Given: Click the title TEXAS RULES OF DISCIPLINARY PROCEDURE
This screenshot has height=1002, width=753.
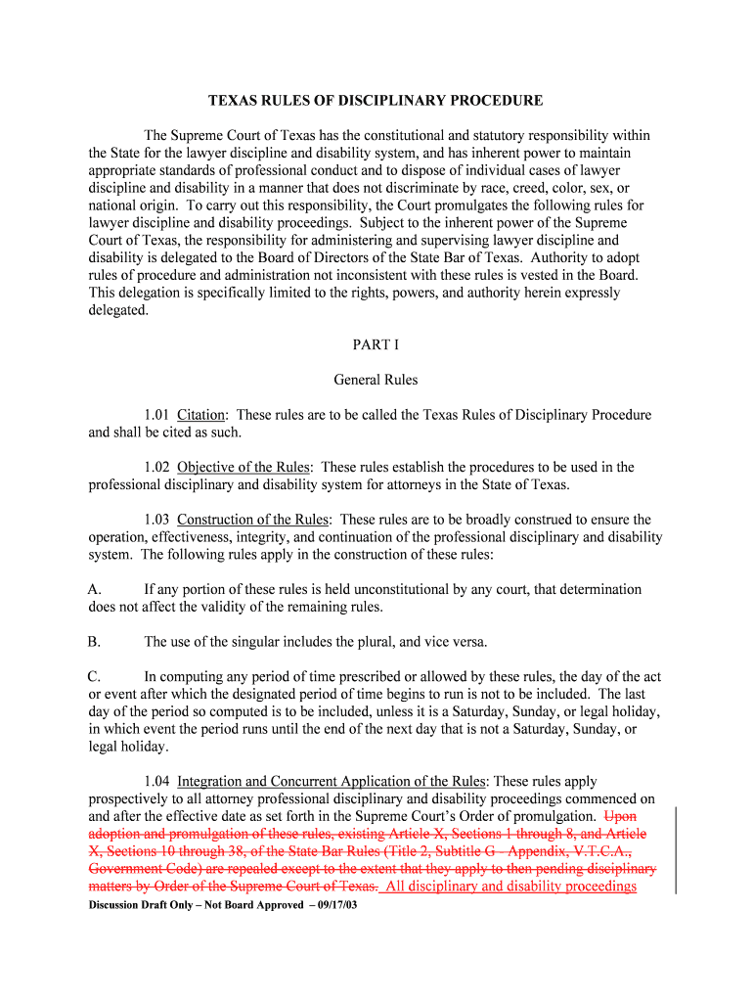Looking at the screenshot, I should click(x=376, y=101).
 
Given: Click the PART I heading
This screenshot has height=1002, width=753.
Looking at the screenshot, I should click(x=376, y=344).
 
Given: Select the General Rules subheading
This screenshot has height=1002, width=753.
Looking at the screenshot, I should click(x=376, y=380).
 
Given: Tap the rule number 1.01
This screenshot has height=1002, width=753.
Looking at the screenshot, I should click(x=157, y=415).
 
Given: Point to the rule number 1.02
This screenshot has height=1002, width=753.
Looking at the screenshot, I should click(x=157, y=468).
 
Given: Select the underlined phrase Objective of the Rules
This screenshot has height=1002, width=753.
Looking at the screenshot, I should click(x=244, y=468).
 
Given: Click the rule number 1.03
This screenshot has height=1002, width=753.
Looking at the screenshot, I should click(x=157, y=520).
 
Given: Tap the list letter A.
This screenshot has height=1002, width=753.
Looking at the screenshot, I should click(x=95, y=590).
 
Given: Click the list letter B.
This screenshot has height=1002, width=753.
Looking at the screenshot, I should click(x=95, y=642).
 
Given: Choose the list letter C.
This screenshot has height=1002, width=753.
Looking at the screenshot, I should click(x=95, y=677).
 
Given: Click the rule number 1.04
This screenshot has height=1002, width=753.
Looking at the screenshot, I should click(x=157, y=782).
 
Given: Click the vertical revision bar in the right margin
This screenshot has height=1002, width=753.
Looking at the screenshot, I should click(x=677, y=850).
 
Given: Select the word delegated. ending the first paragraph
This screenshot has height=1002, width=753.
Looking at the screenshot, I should click(x=118, y=310).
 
